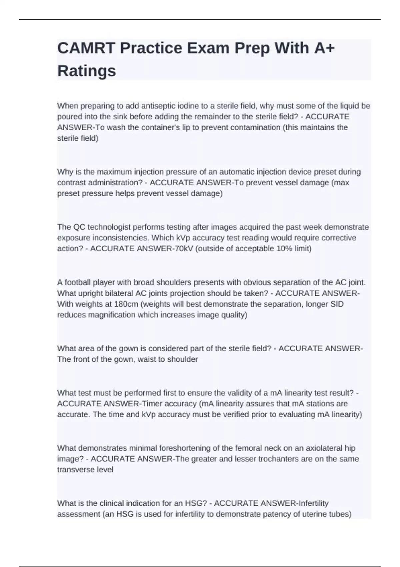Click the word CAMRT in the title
click(86, 48)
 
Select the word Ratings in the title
click(87, 71)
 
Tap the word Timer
click(152, 404)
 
